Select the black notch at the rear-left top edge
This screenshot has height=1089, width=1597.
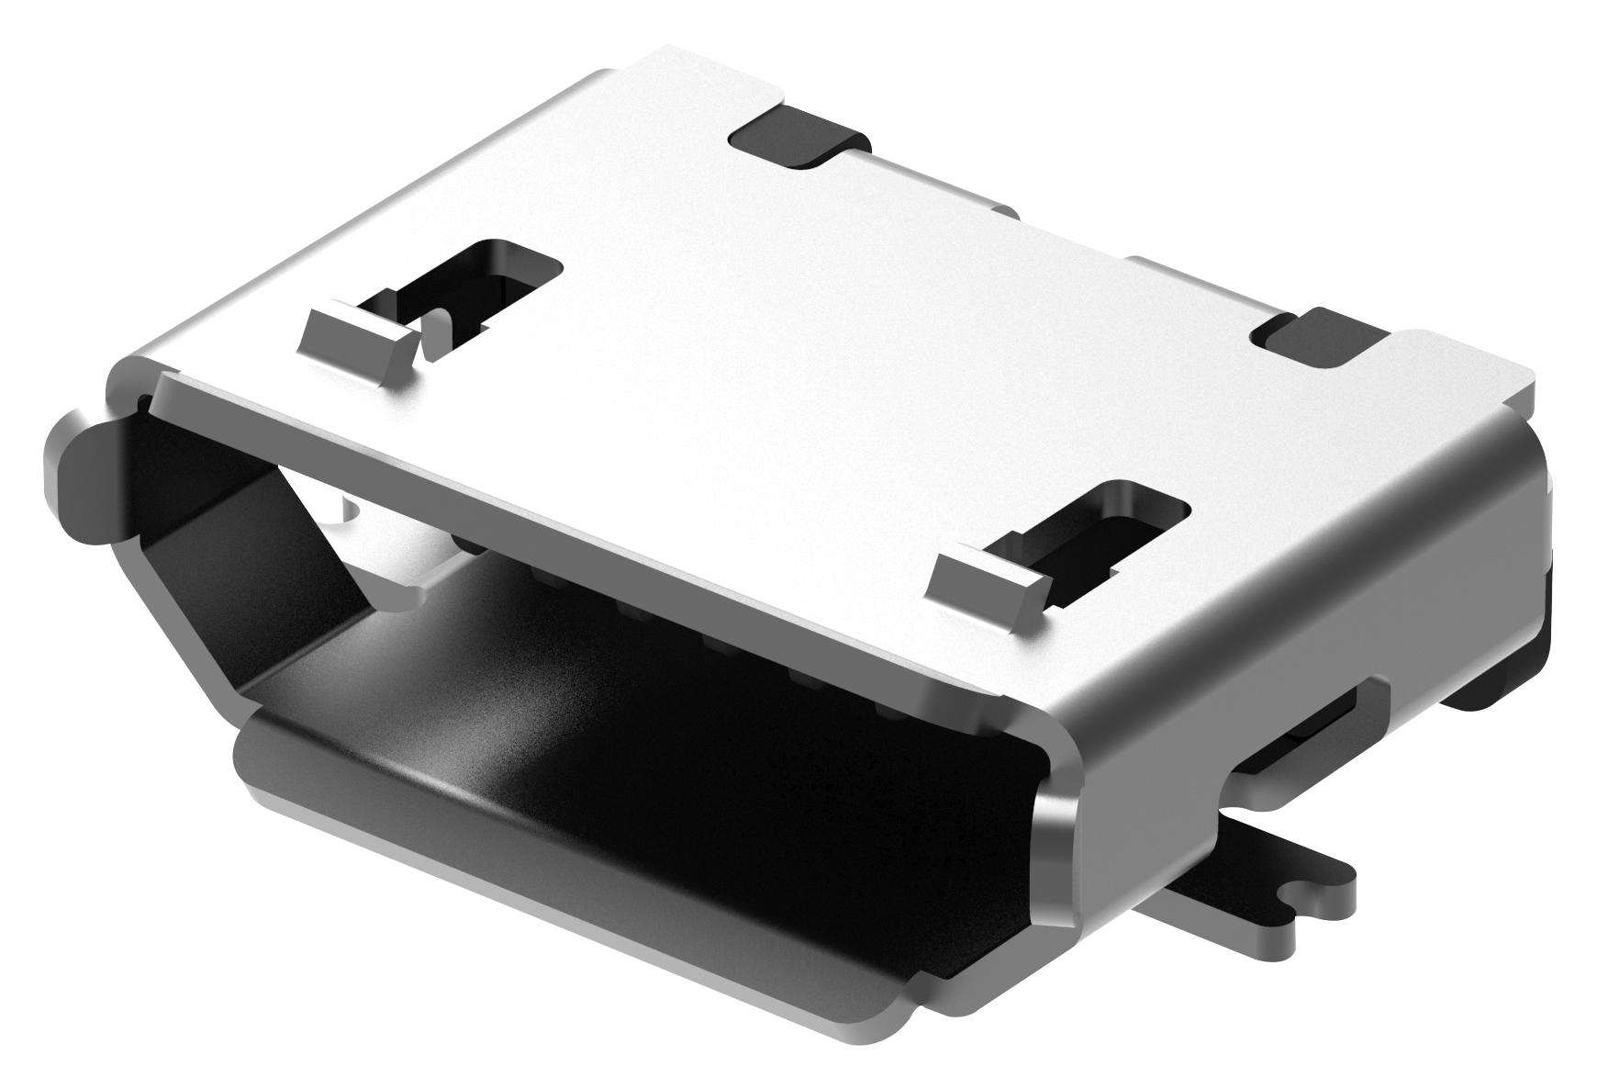(x=797, y=138)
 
